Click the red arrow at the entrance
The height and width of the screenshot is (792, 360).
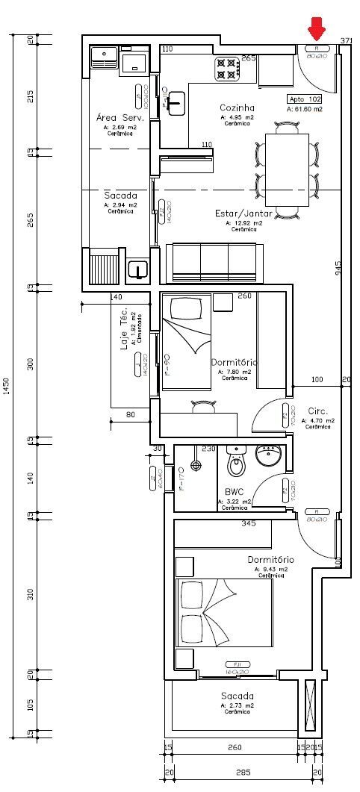pyautogui.click(x=317, y=29)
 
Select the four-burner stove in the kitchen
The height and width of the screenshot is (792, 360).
pyautogui.click(x=227, y=69)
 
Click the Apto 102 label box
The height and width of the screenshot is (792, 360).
pyautogui.click(x=305, y=99)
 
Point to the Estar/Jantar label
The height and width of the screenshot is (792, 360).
pyautogui.click(x=239, y=213)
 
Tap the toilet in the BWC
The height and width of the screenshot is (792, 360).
pyautogui.click(x=237, y=464)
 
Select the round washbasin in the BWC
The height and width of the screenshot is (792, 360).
pyautogui.click(x=267, y=454)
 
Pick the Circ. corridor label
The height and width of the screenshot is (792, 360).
pyautogui.click(x=318, y=411)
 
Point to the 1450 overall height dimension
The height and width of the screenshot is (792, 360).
pyautogui.click(x=7, y=386)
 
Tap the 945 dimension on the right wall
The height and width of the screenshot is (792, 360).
pyautogui.click(x=338, y=269)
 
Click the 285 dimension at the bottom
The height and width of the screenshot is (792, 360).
pyautogui.click(x=243, y=773)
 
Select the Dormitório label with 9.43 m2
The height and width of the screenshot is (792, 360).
pyautogui.click(x=271, y=559)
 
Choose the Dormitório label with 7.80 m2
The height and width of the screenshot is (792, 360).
pyautogui.click(x=234, y=362)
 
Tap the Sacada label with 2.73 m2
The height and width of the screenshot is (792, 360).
pyautogui.click(x=238, y=696)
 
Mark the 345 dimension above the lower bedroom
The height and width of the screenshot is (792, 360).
pyautogui.click(x=249, y=524)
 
